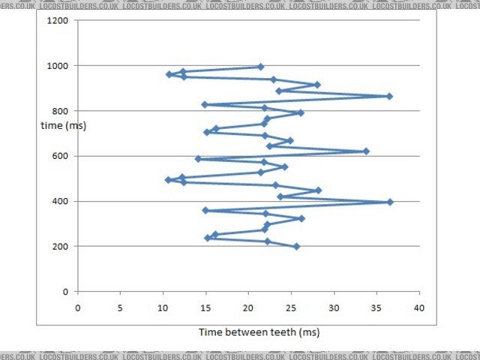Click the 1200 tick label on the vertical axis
point(58,21)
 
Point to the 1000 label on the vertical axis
point(58,66)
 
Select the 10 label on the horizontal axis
point(163,307)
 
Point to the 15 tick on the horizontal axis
point(205,307)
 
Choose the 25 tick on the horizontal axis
point(291,307)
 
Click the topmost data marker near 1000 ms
point(260,67)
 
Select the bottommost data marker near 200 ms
point(296,246)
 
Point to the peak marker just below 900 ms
point(389,96)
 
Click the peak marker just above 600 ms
point(366,151)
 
